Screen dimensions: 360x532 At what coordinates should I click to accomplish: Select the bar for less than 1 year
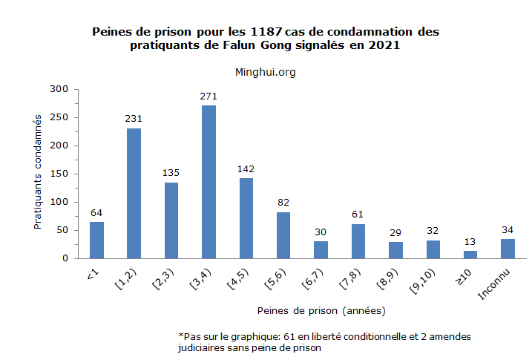pos(96,240)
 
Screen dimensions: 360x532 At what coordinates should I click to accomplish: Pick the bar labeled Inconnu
pos(508,249)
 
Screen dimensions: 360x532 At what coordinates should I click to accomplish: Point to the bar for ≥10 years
pos(470,255)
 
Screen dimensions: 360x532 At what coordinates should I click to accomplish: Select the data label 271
pos(208,96)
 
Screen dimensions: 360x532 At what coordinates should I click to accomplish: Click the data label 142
pos(246,169)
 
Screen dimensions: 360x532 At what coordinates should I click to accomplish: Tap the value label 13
pos(470,242)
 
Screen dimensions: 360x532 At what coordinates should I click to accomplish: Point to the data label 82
pos(283,203)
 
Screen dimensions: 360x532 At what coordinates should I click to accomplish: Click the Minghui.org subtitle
pos(265,71)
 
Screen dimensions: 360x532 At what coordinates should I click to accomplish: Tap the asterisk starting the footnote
pos(180,336)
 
